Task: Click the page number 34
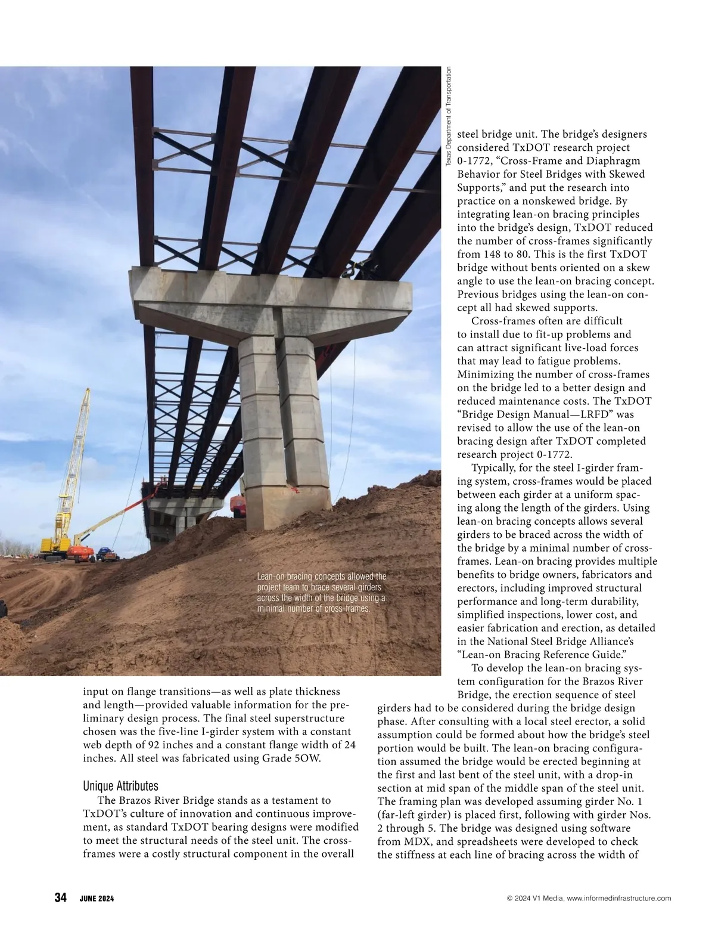tap(60, 899)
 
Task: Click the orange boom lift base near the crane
tap(80, 553)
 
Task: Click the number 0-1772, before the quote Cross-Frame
tap(474, 161)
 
